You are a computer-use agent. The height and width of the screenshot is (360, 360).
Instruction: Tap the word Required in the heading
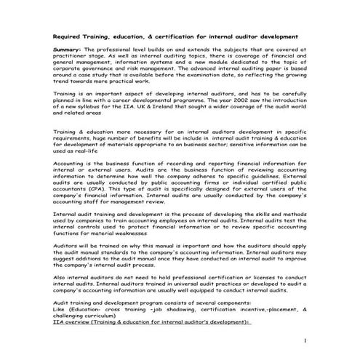coord(71,35)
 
